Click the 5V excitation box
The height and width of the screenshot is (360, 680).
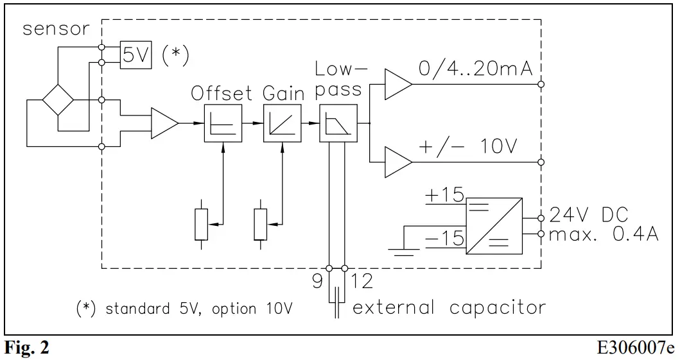(x=135, y=55)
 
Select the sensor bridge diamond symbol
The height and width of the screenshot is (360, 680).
(x=58, y=100)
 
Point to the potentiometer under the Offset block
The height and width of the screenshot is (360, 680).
(x=202, y=224)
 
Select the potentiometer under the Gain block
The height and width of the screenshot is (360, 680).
(x=260, y=224)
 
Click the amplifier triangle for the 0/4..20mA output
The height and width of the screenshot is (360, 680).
(x=396, y=83)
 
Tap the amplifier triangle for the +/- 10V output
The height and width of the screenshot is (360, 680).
(x=396, y=161)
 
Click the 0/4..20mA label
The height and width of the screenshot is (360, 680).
(x=476, y=69)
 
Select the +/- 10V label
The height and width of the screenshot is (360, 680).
(x=467, y=147)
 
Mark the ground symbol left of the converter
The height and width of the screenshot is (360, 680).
(x=402, y=250)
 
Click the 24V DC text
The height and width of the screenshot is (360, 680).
(x=588, y=215)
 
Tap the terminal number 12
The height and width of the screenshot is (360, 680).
(x=362, y=282)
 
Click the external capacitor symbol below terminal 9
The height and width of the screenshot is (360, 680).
(x=336, y=305)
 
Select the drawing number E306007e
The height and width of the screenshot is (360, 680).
(x=636, y=348)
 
